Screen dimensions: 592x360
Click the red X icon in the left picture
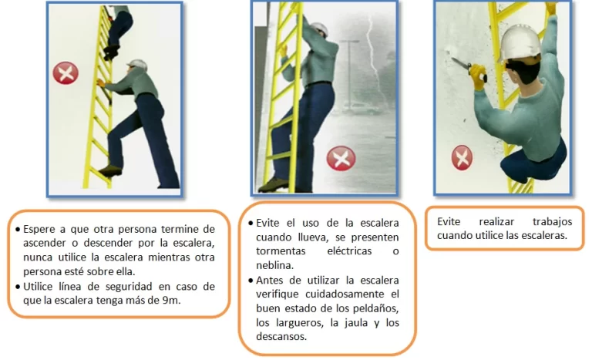point(66,73)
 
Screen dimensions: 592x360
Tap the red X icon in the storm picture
point(341,158)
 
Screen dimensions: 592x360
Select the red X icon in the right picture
point(462,157)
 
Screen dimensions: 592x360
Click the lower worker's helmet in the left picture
point(137,64)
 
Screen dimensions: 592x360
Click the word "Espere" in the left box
point(40,229)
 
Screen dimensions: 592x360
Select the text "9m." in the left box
point(172,301)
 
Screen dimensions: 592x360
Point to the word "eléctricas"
point(349,251)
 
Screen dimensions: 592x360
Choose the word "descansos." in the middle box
point(281,336)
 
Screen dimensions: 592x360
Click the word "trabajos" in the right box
point(552,222)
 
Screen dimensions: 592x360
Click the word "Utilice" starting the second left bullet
point(38,286)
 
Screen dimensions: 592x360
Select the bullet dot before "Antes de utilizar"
point(251,281)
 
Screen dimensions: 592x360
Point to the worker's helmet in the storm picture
point(320,29)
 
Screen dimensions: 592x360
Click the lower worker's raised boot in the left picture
point(111,170)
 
